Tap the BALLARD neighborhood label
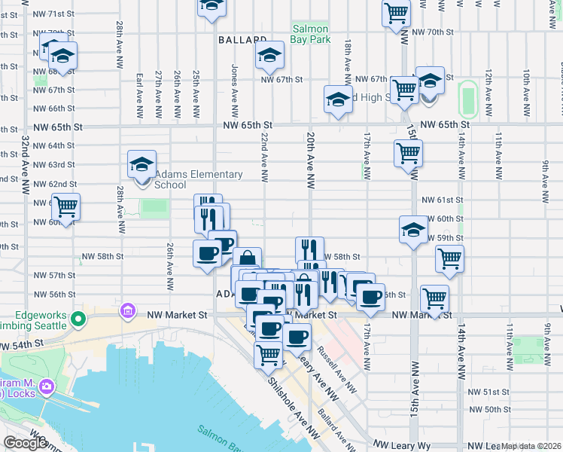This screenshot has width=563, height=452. pos(243,39)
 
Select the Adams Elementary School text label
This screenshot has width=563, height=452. pos(199,179)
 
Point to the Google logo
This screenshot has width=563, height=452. pos(24,443)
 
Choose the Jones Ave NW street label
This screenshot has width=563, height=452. pos(236,90)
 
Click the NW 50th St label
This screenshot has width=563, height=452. pos(488,409)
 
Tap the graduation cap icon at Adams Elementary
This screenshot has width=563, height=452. pos(142,165)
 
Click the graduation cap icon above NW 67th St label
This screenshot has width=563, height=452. pos(269,55)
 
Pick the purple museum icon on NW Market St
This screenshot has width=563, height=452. pos(128,311)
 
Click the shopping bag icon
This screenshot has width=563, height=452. pos(247,261)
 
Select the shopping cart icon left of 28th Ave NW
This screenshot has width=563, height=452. pos(66,206)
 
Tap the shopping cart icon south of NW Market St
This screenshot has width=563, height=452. pos(269,354)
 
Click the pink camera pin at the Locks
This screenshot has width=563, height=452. pos(47,387)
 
